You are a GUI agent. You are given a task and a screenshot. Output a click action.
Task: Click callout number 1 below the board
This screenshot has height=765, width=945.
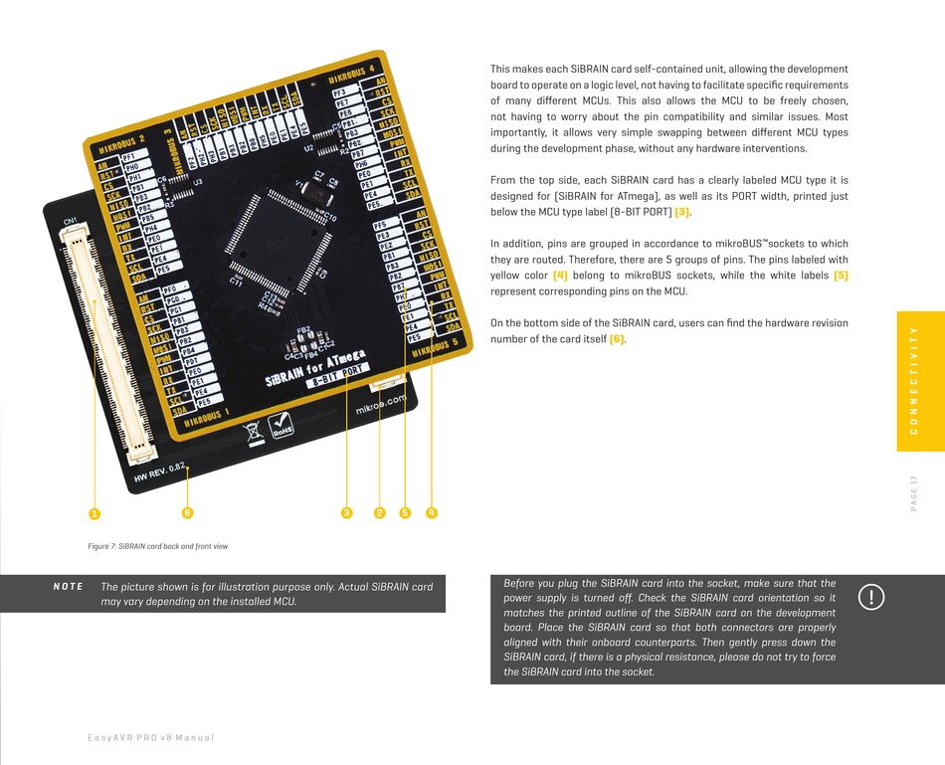pos(94,513)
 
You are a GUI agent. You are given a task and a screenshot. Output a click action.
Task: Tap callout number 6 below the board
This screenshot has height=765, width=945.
pos(186,513)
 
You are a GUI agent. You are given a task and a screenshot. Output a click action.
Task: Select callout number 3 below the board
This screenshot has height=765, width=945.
pos(346,513)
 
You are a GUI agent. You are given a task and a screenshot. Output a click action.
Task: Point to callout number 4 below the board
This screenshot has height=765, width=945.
pos(432,513)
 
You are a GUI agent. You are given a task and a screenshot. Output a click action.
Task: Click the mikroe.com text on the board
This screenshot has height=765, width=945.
pos(381,405)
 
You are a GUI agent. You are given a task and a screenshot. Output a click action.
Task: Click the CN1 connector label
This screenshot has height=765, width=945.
pos(70,220)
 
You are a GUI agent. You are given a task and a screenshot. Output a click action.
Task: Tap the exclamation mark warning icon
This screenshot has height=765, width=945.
pos(871,597)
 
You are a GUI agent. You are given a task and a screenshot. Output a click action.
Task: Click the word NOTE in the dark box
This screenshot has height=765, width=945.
pos(68,587)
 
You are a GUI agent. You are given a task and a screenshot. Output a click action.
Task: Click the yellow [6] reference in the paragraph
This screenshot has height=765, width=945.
pos(617,340)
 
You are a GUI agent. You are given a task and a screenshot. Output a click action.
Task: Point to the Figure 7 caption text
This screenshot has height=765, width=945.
pos(157,546)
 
